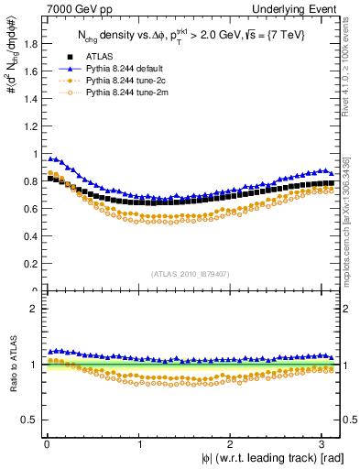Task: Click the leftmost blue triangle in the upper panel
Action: click(x=50, y=158)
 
